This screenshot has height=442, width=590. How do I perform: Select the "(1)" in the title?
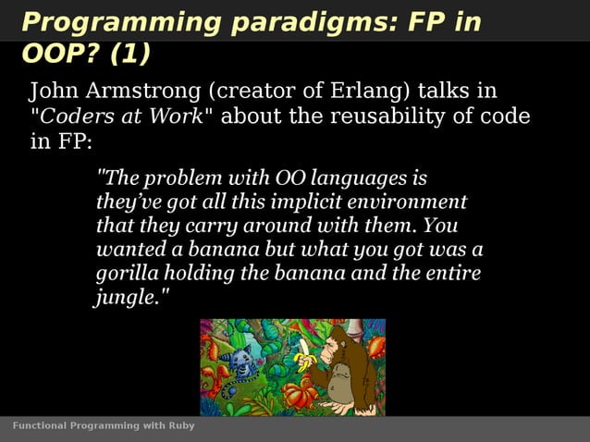[x=129, y=55]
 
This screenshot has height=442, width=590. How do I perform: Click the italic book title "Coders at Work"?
[x=125, y=117]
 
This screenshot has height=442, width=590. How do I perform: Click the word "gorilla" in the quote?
[x=126, y=274]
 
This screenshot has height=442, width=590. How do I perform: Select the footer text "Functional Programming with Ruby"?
[x=103, y=426]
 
